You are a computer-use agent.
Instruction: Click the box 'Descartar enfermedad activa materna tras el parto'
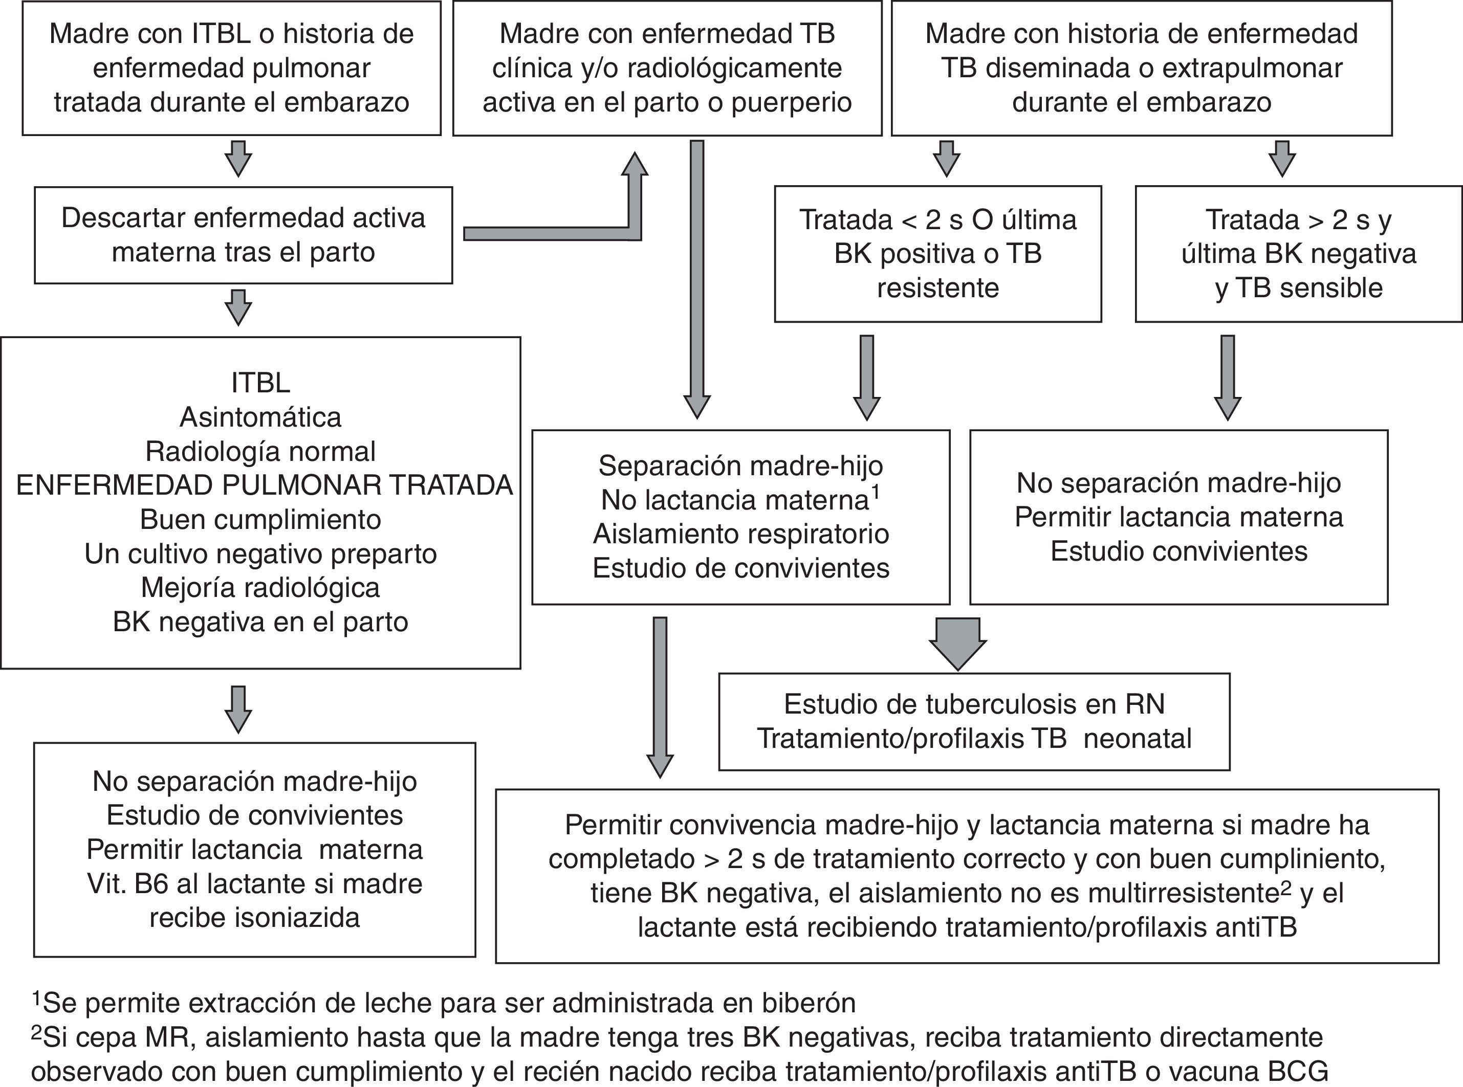(243, 235)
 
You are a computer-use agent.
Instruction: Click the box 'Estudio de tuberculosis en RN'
(973, 722)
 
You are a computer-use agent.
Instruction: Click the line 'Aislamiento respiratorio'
(740, 534)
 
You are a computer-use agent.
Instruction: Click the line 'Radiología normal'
(260, 451)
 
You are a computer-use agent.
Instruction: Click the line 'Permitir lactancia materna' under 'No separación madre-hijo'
(1178, 517)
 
